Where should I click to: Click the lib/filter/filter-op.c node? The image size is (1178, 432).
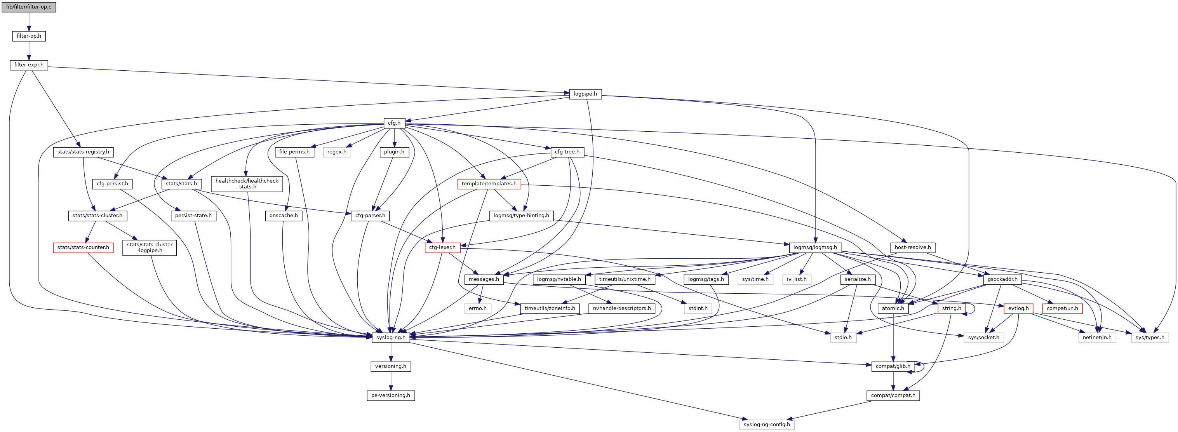pos(29,7)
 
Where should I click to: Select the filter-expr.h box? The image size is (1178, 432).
pos(29,65)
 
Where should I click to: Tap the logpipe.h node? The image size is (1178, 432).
pos(585,94)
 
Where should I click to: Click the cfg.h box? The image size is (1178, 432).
pos(394,123)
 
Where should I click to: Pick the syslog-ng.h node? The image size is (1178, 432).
pos(391,337)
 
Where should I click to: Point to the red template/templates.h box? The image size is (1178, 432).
pos(489,183)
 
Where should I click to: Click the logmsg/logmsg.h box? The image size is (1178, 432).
pos(815,247)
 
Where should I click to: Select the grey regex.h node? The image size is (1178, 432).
pos(337,152)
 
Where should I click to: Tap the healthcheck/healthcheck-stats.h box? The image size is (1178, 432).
pos(247,183)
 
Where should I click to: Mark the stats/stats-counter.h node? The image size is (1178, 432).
pos(83,247)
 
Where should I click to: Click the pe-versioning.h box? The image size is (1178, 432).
pos(391,395)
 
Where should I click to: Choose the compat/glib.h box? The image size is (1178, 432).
pos(893,366)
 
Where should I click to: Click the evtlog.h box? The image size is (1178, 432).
pos(1018,308)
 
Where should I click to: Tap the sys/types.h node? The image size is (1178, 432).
pos(1150,337)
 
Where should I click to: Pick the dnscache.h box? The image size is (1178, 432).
pos(284,216)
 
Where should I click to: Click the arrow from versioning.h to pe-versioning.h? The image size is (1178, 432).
pos(391,381)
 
